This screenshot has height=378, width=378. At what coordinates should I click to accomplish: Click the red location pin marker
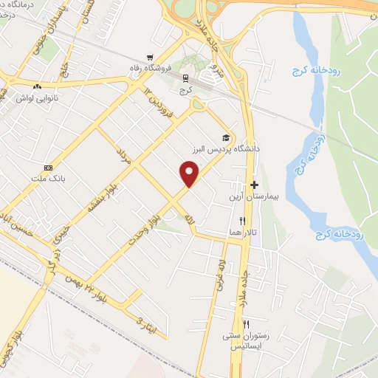190,174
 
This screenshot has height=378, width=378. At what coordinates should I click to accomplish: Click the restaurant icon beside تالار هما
241,220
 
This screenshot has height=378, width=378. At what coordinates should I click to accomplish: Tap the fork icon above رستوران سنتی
246,324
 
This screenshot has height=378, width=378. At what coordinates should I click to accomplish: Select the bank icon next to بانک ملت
48,166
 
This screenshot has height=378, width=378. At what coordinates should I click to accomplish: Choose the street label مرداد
123,157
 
